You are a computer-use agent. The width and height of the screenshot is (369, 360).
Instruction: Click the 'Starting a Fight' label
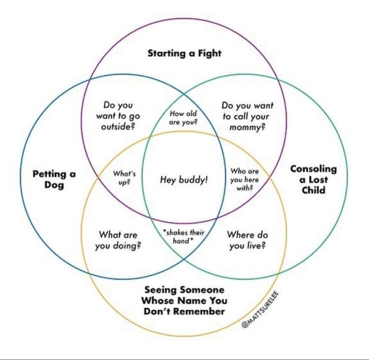[x=184, y=54]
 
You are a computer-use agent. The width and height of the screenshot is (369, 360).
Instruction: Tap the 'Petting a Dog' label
[x=54, y=179]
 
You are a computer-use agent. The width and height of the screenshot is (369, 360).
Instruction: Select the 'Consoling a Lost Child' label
[x=313, y=179]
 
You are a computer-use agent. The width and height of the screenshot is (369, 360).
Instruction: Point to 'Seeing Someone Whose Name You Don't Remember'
[x=184, y=300]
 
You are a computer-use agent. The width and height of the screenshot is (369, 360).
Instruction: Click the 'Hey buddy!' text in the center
[x=184, y=180]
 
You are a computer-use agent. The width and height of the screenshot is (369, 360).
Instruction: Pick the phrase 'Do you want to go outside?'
[x=118, y=116]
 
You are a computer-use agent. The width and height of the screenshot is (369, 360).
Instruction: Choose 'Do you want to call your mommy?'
[x=247, y=116]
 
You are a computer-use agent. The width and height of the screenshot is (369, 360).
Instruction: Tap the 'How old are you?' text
[x=183, y=118]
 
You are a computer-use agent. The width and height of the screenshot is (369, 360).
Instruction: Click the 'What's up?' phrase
[x=124, y=177]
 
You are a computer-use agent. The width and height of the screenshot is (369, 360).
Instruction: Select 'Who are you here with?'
[x=245, y=179]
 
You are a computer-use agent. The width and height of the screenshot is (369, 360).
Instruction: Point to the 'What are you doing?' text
[x=118, y=240]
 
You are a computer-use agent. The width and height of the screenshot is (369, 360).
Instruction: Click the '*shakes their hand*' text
[x=184, y=237]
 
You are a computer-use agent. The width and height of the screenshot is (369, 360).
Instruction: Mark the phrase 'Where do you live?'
[x=248, y=240]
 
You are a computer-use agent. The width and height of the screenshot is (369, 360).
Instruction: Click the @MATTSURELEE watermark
[x=260, y=310]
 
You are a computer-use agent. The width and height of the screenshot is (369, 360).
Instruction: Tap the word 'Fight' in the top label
[x=210, y=54]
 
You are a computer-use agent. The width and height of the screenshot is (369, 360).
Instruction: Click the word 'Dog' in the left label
[x=54, y=185]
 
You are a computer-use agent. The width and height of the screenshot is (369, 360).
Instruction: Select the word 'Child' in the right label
[x=313, y=190]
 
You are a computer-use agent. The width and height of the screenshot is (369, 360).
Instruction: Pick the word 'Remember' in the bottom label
[x=200, y=311]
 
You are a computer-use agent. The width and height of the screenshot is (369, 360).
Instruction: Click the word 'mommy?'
[x=247, y=127]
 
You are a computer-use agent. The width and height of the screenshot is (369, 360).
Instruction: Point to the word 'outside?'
[x=118, y=127]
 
